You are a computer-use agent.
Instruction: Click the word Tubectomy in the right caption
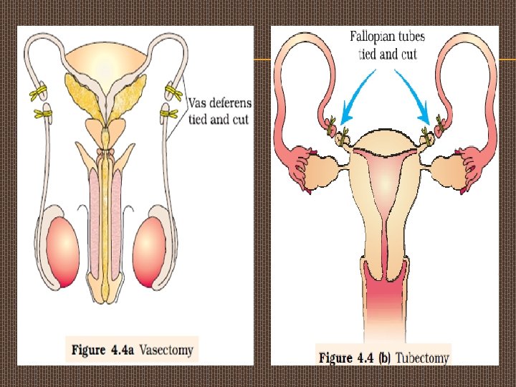(423, 357)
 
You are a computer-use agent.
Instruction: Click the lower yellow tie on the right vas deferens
(169, 113)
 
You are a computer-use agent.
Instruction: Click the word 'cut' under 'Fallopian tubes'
(408, 54)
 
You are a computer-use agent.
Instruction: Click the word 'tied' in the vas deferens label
(200, 120)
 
